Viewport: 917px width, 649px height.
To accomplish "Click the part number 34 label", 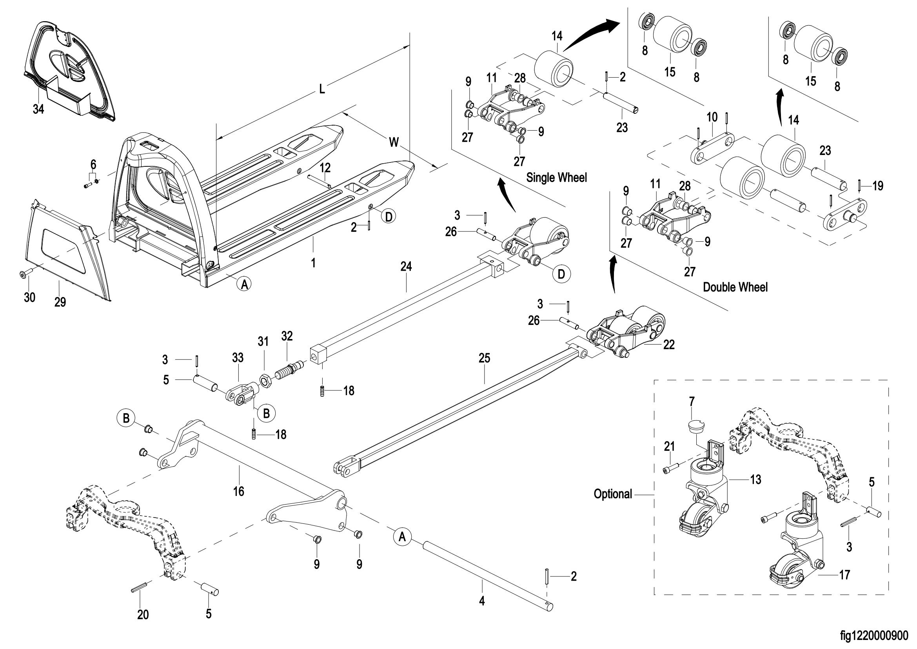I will [38, 109].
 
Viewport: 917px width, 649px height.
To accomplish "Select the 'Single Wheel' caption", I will [556, 177].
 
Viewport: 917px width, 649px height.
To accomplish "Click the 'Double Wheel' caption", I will [735, 287].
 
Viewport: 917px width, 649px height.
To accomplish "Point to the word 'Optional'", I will [613, 494].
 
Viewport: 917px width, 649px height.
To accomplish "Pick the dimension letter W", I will [394, 142].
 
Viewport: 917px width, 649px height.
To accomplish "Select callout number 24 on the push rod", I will [406, 266].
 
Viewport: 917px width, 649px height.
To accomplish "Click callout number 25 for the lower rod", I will [484, 359].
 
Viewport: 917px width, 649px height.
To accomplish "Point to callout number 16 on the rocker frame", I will [238, 491].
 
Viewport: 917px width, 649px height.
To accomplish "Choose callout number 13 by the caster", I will [755, 479].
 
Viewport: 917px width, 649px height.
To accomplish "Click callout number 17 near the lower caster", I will [844, 575].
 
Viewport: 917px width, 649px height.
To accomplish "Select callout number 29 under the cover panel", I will [60, 302].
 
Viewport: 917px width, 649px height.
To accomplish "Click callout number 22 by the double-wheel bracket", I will [668, 345].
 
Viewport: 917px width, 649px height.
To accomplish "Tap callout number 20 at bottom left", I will [143, 614].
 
